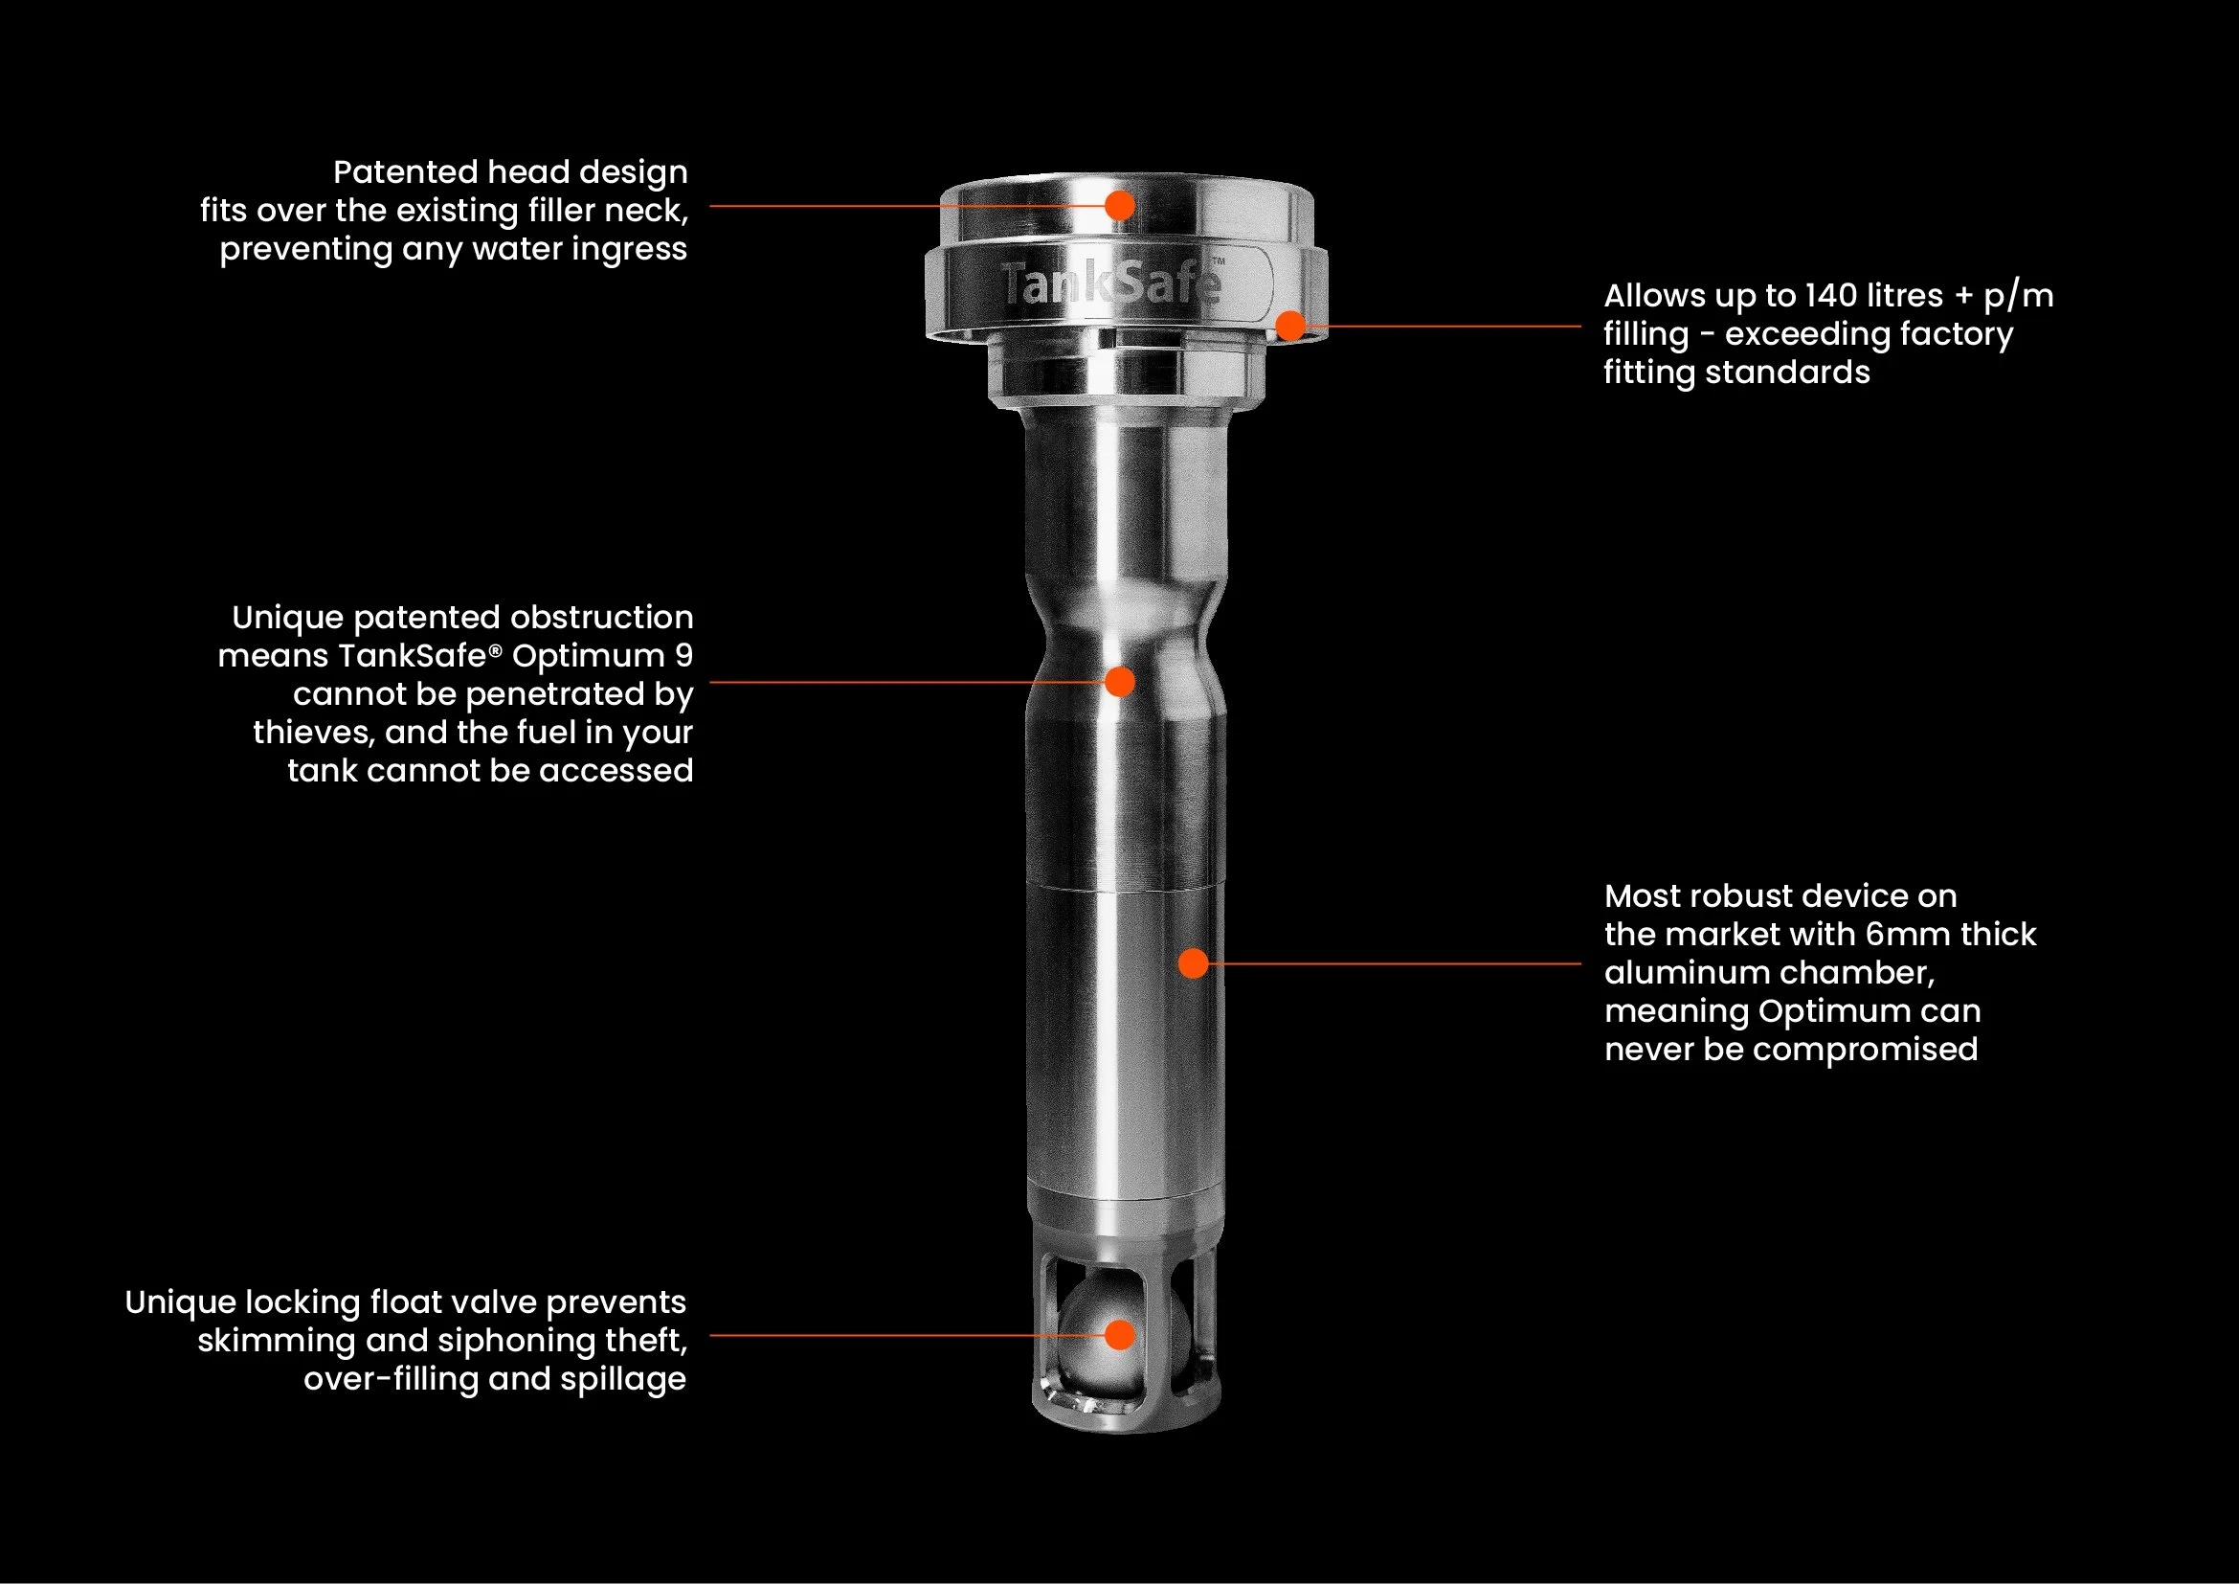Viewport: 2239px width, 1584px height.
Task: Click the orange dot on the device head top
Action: [x=1120, y=206]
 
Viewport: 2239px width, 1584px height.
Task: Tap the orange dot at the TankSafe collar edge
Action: [x=1291, y=326]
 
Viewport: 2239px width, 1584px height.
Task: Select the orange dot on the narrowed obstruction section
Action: [x=1120, y=682]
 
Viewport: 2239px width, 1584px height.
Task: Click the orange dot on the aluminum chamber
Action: [x=1194, y=963]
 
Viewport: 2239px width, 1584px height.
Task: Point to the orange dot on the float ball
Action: [x=1121, y=1335]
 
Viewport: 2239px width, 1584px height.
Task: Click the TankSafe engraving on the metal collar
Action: [x=1110, y=283]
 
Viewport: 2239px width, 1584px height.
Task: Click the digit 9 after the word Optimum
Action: [x=684, y=655]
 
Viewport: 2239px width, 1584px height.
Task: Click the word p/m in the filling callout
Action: [x=2019, y=297]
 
